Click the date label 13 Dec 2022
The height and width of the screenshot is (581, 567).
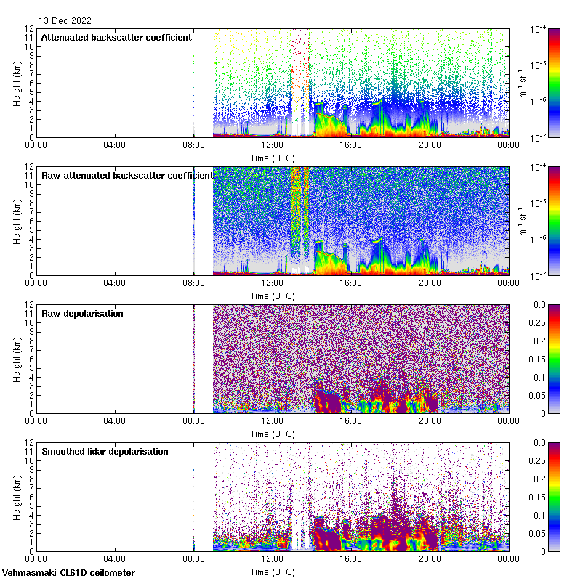point(65,20)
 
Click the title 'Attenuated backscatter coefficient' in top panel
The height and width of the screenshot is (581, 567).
point(116,37)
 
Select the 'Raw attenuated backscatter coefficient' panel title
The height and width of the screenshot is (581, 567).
point(127,175)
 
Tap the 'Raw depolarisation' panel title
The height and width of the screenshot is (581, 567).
point(82,313)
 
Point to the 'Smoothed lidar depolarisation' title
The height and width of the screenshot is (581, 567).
point(105,451)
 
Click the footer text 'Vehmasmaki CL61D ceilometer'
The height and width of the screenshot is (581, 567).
point(68,573)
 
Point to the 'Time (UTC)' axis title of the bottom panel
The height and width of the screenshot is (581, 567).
point(272,572)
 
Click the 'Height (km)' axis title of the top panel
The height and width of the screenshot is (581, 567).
point(17,83)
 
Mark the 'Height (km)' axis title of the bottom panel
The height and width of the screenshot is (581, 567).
point(17,497)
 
